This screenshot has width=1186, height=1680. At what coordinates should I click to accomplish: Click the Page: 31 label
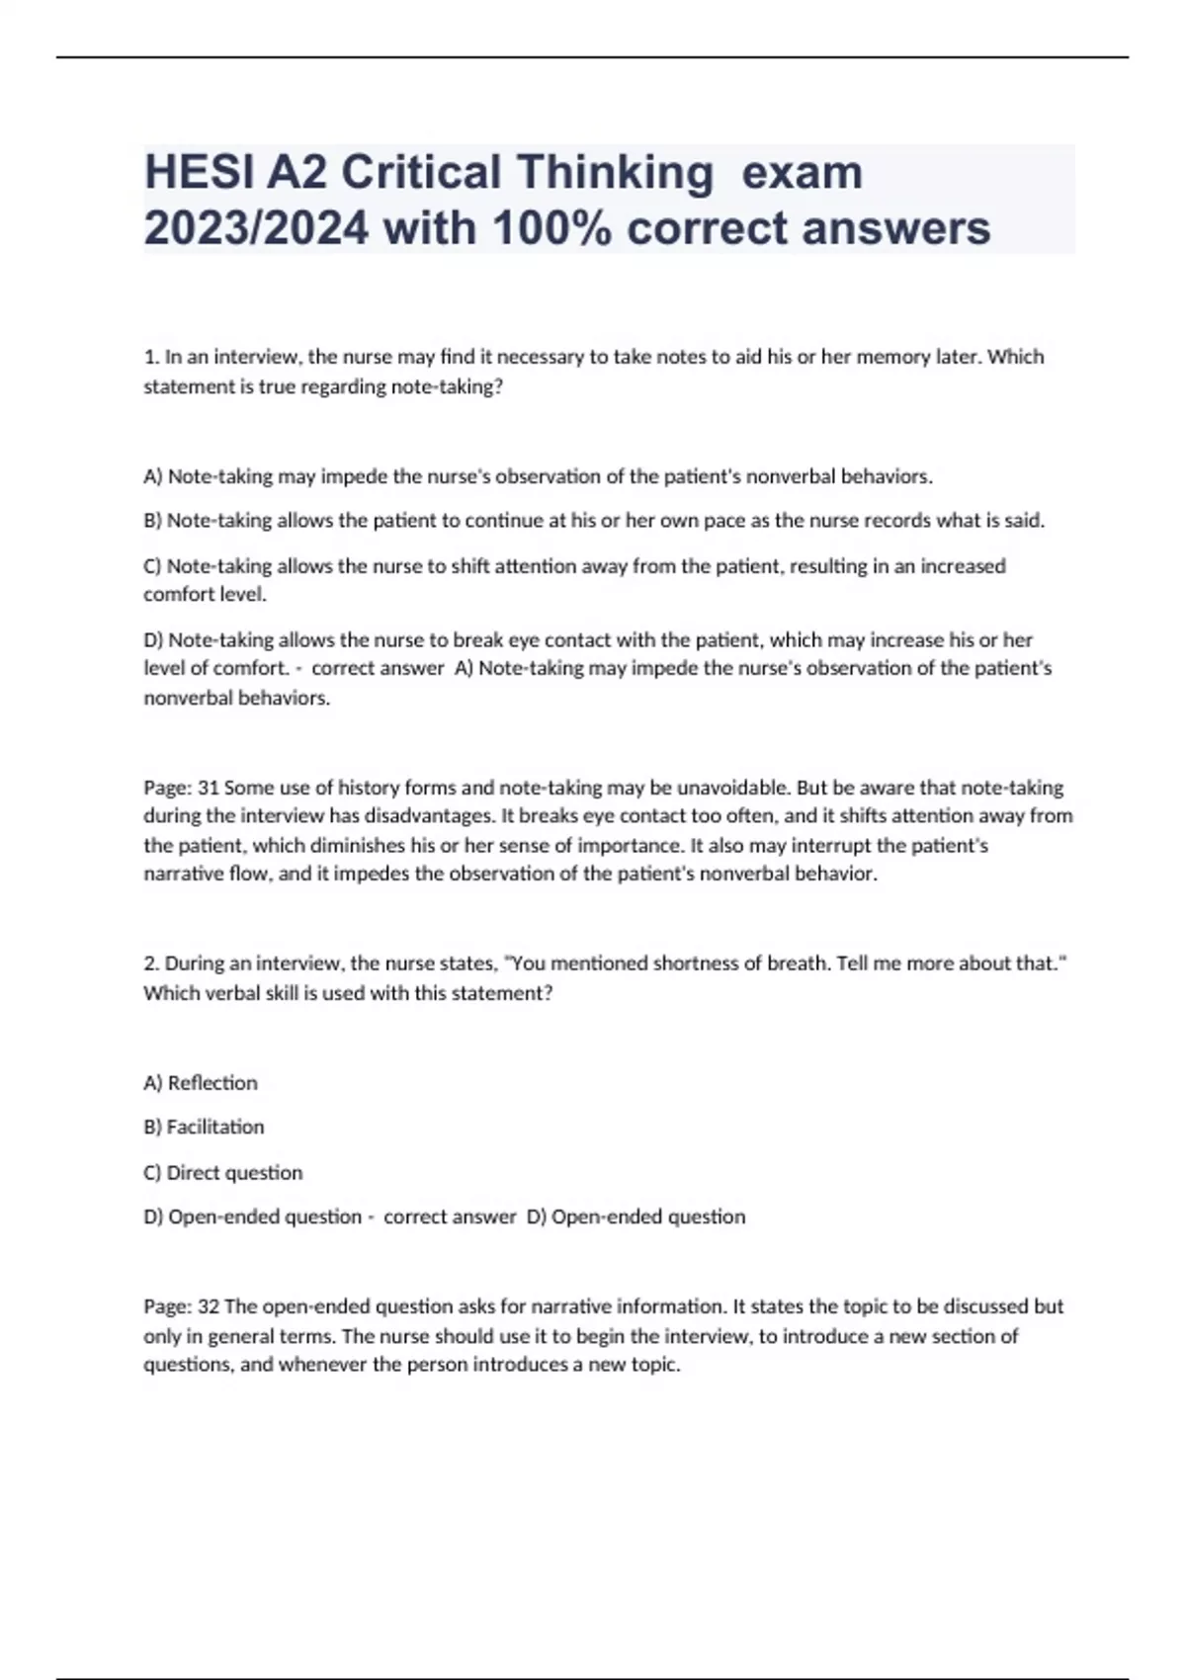click(x=181, y=789)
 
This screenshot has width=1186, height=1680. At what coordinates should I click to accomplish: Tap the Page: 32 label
click(x=181, y=1306)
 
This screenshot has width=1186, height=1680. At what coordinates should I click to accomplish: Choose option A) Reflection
click(x=201, y=1083)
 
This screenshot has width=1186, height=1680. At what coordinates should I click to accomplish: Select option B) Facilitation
click(x=204, y=1128)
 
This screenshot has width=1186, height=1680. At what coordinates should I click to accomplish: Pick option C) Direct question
click(x=223, y=1173)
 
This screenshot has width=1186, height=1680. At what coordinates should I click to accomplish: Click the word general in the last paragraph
click(x=244, y=1336)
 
